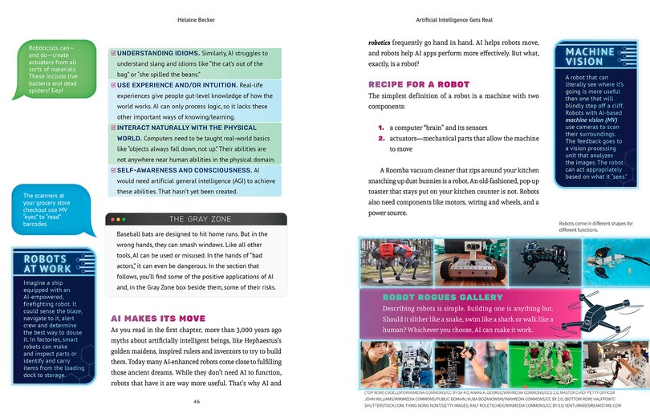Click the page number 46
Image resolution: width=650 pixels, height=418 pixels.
[196, 401]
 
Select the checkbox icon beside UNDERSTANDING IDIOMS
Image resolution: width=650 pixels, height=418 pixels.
[113, 53]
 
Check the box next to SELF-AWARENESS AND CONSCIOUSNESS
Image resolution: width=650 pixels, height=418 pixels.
[113, 171]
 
